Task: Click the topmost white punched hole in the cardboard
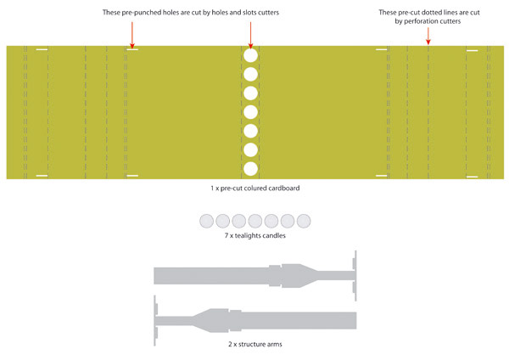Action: [250, 55]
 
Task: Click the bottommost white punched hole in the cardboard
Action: [250, 169]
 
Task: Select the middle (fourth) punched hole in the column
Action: [250, 112]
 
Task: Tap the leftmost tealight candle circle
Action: [206, 221]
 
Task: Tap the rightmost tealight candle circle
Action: [304, 221]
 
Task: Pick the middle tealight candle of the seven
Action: [255, 221]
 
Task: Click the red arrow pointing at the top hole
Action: [250, 35]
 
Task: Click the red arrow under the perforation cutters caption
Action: [428, 36]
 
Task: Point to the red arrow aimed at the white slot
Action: [132, 35]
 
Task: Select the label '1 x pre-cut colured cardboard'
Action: [255, 188]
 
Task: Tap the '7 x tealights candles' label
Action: [255, 235]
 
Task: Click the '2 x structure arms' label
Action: [255, 344]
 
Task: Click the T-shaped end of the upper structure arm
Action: [355, 276]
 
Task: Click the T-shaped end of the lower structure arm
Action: [155, 320]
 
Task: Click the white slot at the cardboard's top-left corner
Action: [42, 50]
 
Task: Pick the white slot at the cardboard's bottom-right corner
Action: [472, 177]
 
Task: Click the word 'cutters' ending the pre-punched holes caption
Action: [267, 13]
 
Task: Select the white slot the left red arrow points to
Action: [132, 50]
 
